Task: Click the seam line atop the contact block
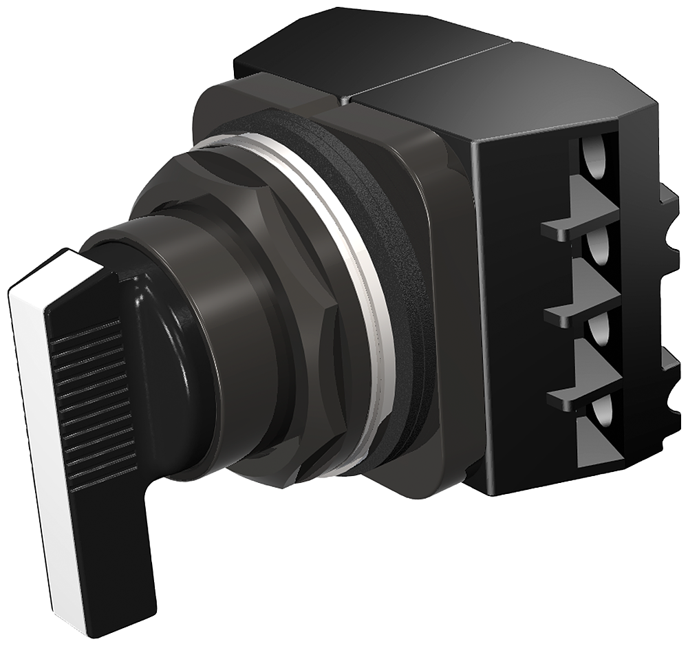point(427,69)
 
